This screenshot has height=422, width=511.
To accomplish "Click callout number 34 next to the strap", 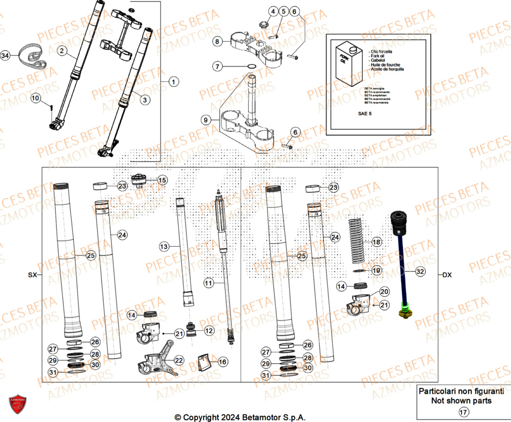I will click(x=5, y=55).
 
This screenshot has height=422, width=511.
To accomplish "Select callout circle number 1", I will click(x=172, y=82).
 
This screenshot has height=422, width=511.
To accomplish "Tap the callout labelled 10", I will click(x=35, y=98).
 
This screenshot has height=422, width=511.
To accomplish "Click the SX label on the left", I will click(x=33, y=275).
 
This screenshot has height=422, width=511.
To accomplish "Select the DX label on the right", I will click(x=447, y=275).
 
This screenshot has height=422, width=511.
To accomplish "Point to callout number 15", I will click(x=162, y=180).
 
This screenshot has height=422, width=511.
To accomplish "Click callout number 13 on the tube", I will click(x=164, y=247).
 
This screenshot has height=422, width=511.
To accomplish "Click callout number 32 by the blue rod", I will click(x=420, y=272).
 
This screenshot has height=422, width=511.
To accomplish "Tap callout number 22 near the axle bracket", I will click(x=178, y=360).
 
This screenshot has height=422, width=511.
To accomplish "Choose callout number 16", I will click(x=222, y=362).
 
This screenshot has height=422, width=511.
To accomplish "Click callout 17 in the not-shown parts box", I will click(x=462, y=412).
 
